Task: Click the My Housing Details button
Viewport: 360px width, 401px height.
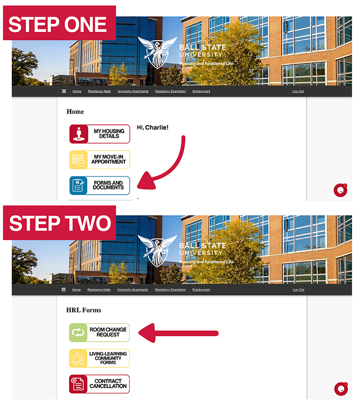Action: coord(99,134)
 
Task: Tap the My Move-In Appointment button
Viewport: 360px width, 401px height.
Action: coord(99,160)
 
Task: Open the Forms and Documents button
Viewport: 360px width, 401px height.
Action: coord(99,185)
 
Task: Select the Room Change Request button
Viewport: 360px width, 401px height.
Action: coord(99,332)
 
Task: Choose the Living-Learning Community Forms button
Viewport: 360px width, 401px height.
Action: coord(99,358)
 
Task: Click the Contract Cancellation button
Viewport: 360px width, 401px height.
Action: coord(99,384)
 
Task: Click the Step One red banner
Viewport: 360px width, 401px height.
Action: coord(60,23)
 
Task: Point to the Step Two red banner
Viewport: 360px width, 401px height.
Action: coord(60,223)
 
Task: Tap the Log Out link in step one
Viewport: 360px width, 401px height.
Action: coord(298,91)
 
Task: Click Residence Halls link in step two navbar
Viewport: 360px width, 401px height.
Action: coord(99,290)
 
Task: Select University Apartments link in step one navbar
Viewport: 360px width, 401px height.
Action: coord(133,91)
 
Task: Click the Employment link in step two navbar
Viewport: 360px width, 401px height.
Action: coord(201,290)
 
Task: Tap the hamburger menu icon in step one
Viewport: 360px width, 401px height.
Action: coord(64,91)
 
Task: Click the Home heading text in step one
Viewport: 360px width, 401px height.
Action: coord(75,111)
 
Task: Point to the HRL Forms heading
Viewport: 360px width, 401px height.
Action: coord(84,310)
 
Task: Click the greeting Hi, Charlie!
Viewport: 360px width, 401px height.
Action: coord(152,127)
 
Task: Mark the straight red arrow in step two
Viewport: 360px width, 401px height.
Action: coord(178,333)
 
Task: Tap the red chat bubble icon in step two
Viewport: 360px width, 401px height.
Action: coord(341,389)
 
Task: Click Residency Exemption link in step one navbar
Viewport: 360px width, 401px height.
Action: coord(170,91)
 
